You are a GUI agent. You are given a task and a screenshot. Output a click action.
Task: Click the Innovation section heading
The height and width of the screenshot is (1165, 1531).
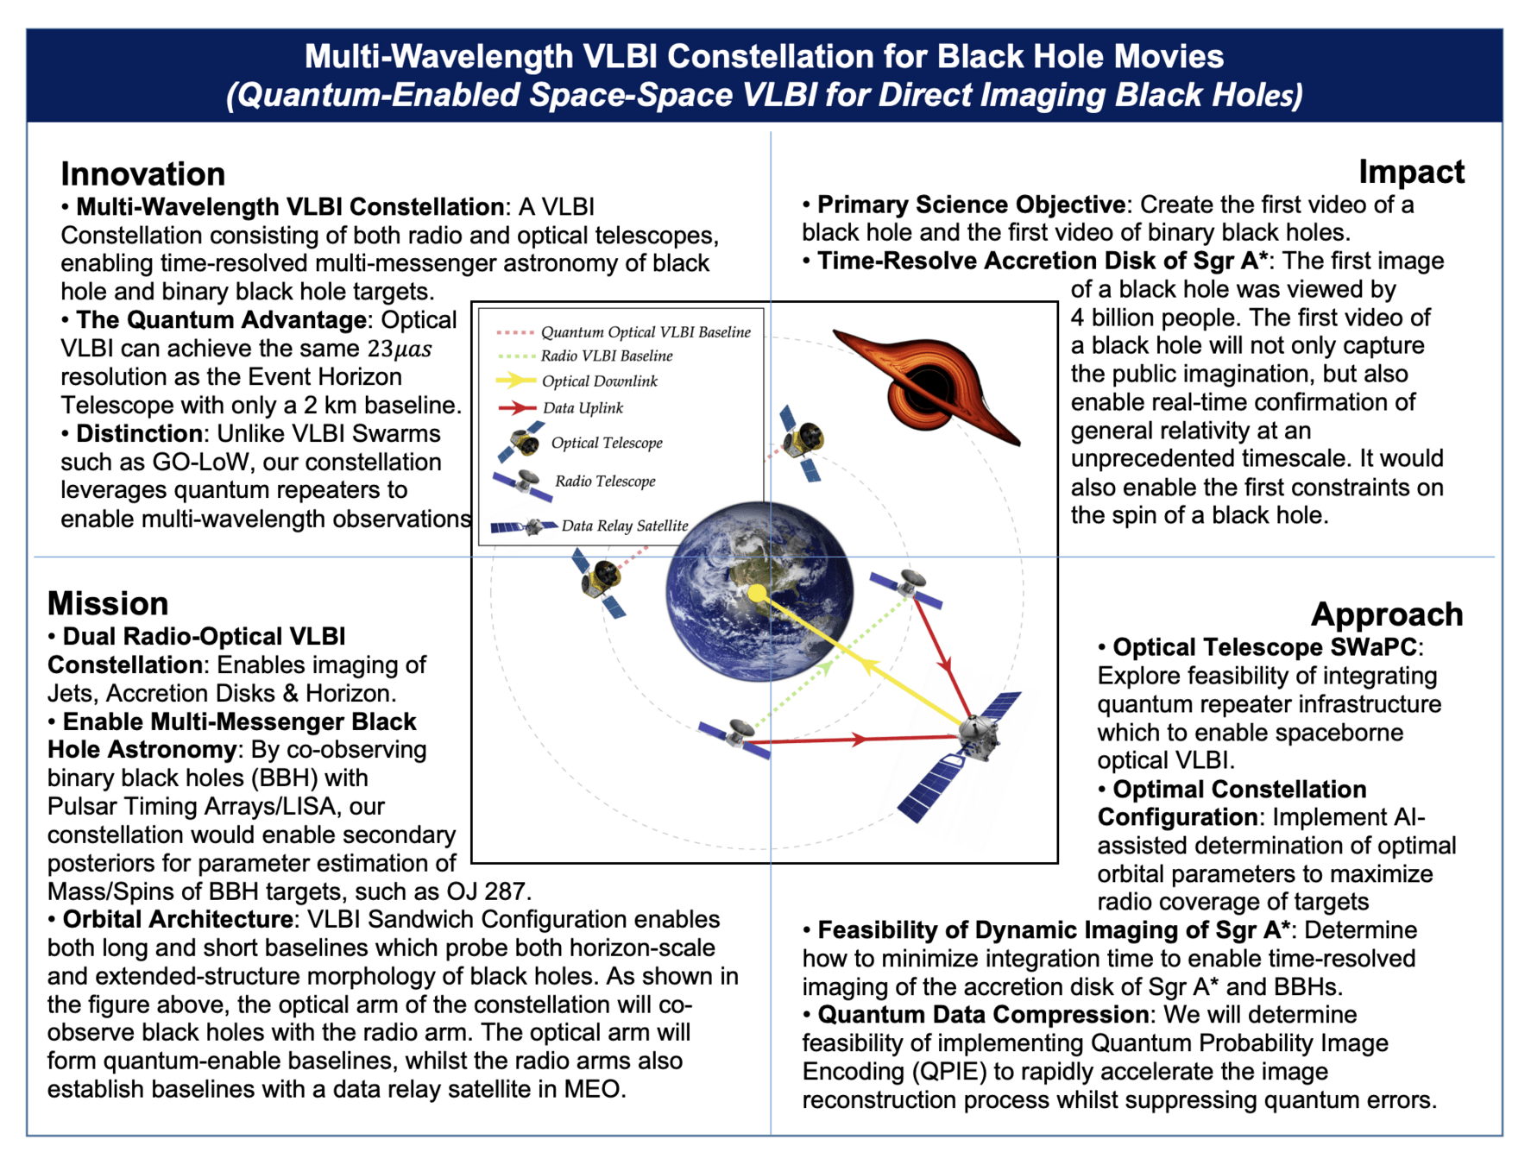click(142, 174)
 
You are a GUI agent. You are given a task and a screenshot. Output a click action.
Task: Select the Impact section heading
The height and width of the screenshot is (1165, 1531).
click(1411, 172)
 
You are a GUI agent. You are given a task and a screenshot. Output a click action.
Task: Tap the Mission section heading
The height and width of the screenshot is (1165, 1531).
click(108, 603)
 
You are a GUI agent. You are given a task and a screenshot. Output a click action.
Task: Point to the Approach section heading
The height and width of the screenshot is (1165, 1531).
click(1386, 614)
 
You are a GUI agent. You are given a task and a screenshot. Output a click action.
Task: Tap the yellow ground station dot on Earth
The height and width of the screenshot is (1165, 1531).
click(757, 593)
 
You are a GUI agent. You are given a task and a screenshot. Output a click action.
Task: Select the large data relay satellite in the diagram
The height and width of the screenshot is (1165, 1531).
click(971, 742)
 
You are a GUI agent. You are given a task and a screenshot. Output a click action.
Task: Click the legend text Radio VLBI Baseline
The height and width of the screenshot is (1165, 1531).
click(606, 356)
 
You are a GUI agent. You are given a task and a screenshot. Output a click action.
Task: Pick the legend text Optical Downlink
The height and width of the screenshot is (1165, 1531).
click(599, 381)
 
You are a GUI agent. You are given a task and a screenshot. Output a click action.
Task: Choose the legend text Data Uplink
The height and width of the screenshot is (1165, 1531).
click(583, 408)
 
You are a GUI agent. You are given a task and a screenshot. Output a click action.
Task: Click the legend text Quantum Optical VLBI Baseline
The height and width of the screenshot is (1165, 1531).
click(646, 332)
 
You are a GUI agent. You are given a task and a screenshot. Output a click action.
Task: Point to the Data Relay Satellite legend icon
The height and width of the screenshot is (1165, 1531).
click(524, 526)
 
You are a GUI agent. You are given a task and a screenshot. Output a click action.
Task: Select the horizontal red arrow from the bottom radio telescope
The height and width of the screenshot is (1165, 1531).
click(858, 740)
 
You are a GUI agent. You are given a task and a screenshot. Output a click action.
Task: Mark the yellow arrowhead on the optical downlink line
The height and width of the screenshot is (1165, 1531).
click(869, 666)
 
